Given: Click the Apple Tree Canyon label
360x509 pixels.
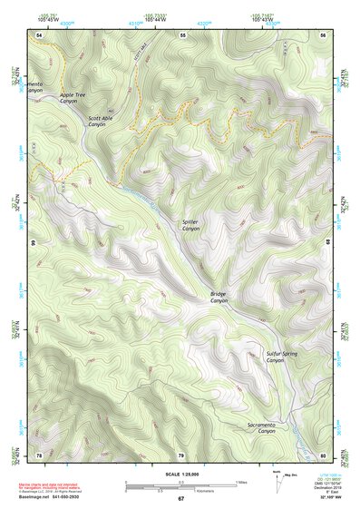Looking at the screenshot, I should pos(73,98).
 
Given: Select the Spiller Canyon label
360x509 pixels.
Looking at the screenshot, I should pos(190,225).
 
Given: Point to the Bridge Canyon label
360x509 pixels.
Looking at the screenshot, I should pos(219,298).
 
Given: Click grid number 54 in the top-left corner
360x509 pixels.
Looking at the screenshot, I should pos(39,34).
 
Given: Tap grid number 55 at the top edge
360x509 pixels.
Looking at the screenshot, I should pos(182,34).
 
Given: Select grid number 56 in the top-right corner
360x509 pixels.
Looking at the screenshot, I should pos(323,34).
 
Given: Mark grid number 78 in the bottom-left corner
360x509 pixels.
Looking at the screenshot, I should pos(39,455).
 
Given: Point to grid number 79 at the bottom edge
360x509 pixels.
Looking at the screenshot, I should pos(180,455).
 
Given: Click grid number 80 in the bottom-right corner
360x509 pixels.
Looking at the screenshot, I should pos(323,455).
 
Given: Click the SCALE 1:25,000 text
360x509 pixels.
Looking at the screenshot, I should pos(180,474).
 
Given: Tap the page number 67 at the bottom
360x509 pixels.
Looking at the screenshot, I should pos(180,499).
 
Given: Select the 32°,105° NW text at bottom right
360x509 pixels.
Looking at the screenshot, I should pos(331,498).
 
